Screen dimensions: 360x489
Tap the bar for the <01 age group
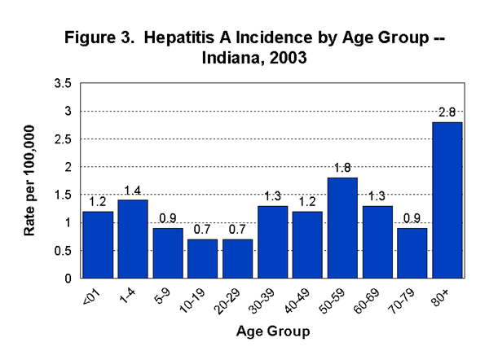coord(98,244)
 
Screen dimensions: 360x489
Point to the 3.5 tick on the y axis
coord(63,83)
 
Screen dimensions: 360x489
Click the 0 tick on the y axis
coord(68,279)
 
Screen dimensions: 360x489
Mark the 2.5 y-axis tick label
coord(63,139)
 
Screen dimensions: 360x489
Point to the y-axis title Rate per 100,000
coord(30,181)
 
